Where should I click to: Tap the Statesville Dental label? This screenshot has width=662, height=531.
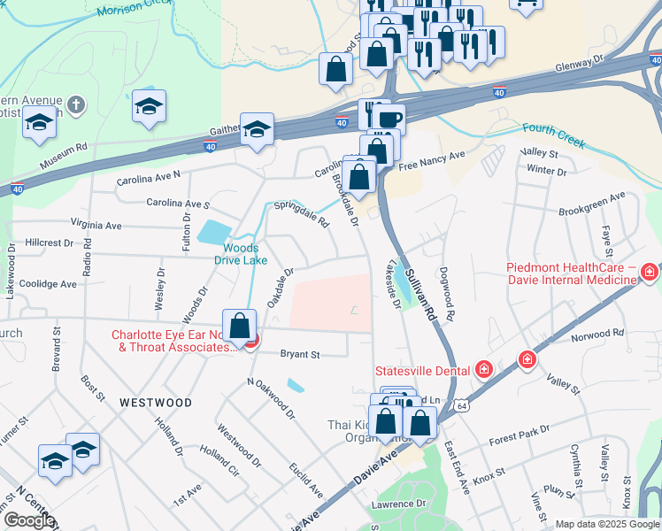(x=425, y=370)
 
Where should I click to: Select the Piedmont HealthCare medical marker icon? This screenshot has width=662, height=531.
(x=650, y=270)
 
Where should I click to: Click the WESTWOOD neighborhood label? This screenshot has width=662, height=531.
(x=156, y=403)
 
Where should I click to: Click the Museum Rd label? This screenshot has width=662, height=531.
(x=65, y=156)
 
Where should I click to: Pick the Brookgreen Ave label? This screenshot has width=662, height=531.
(x=592, y=204)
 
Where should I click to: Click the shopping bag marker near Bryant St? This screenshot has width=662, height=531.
(x=239, y=326)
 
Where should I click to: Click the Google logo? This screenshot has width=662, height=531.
(x=28, y=520)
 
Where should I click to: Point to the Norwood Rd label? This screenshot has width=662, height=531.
(x=597, y=335)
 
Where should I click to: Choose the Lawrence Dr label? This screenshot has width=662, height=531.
(x=398, y=503)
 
